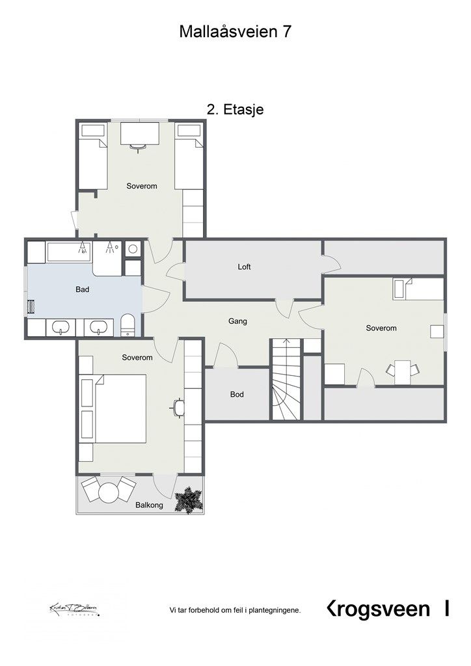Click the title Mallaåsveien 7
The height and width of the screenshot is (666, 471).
[235, 32]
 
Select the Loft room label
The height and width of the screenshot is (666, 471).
[244, 267]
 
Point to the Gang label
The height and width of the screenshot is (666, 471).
[237, 321]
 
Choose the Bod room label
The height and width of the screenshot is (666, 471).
[237, 394]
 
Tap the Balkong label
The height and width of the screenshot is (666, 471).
[149, 505]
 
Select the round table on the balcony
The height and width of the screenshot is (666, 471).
[109, 493]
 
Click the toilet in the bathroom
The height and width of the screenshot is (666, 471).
[127, 325]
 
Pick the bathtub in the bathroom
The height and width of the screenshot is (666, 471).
[68, 251]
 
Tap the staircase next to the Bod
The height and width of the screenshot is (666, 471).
[286, 380]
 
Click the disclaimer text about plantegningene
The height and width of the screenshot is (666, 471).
[235, 610]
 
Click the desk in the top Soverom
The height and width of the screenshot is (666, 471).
[141, 135]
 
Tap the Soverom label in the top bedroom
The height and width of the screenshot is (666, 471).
[142, 186]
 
